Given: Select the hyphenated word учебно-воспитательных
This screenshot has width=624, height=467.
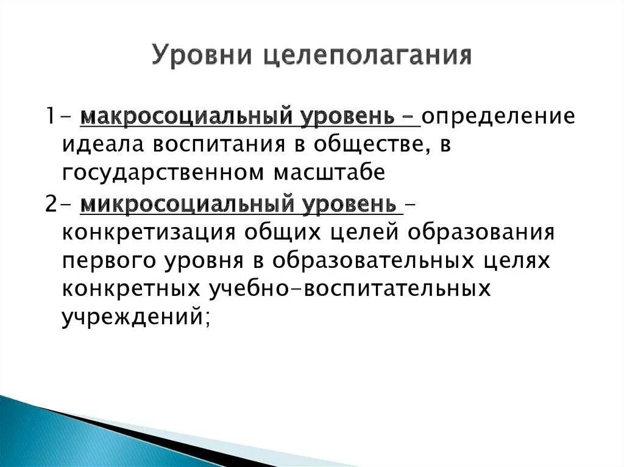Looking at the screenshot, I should point(350,289).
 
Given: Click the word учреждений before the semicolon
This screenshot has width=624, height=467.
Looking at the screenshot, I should point(131,317).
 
